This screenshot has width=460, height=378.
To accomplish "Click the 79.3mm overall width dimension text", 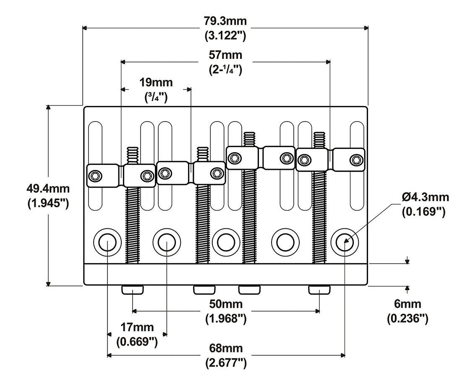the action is click(225, 21).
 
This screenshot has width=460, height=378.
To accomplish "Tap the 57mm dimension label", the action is click(225, 55).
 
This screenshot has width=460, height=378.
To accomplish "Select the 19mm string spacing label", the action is click(156, 82).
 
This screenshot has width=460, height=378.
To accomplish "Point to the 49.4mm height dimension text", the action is click(48, 188).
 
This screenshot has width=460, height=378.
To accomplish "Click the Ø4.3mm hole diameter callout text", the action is click(426, 197).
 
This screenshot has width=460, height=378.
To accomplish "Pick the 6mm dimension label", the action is click(408, 304).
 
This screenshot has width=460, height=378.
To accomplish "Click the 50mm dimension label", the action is click(226, 304).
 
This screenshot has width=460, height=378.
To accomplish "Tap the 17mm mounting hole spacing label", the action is click(137, 327).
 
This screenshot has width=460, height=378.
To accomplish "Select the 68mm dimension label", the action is click(226, 348).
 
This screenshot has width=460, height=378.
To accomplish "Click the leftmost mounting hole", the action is click(107, 243).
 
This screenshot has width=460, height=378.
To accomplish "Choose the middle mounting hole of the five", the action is click(226, 243).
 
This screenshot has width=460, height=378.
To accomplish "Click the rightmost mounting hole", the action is click(345, 243).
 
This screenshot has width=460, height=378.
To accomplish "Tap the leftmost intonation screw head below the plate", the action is click(133, 290).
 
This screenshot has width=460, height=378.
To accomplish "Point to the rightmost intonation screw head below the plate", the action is click(319, 290).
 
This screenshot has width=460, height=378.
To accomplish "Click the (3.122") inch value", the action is click(225, 36).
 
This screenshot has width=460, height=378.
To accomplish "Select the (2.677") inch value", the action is click(226, 363).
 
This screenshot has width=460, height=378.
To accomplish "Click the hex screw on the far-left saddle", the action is click(95, 176).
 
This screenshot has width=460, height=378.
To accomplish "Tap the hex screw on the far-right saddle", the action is click(356, 160).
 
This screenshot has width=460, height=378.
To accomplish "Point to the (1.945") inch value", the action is click(48, 203).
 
